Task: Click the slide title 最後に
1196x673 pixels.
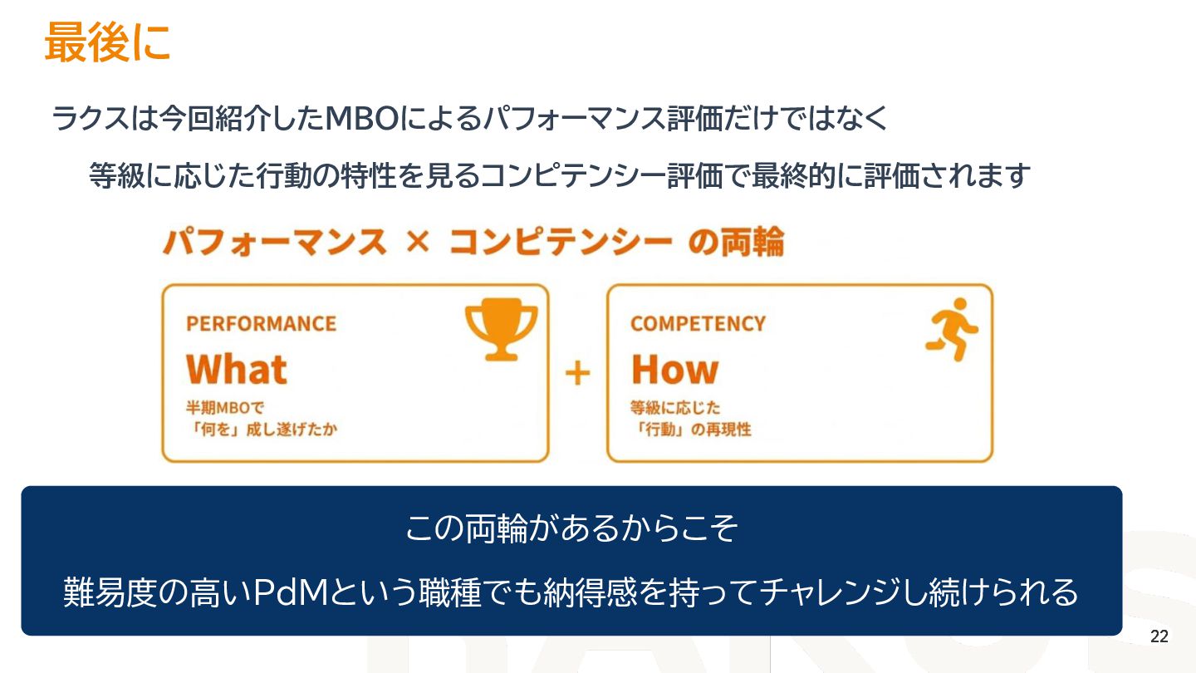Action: tap(107, 42)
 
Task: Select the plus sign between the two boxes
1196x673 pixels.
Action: tap(577, 374)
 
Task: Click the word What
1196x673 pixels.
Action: tap(237, 370)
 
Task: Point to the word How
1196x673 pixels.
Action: tap(674, 370)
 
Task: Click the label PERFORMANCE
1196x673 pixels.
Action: tap(261, 323)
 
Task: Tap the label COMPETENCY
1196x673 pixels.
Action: tap(698, 323)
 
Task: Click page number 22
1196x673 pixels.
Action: tap(1159, 637)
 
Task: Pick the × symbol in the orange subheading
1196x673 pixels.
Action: tap(419, 243)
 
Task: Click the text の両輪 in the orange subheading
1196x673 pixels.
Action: tap(737, 243)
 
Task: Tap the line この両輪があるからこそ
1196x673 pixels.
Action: tap(571, 528)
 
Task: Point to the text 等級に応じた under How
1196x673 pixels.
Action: tap(674, 408)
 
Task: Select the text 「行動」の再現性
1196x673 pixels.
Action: tap(691, 430)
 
